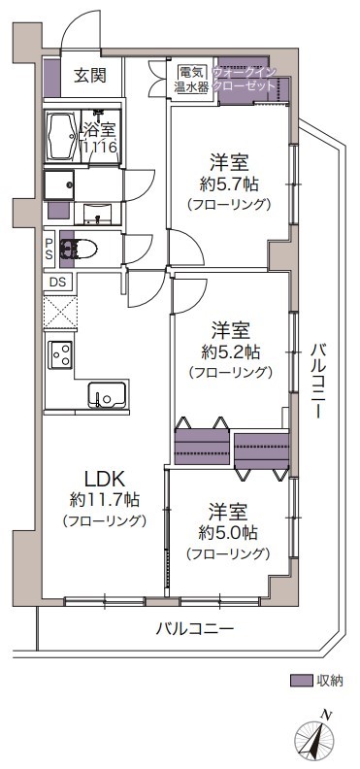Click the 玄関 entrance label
point(90,76)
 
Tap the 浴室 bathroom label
point(99,130)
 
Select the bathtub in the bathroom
point(60,136)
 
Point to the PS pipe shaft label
point(49,249)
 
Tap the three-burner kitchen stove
point(61,353)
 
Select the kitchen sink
point(107,393)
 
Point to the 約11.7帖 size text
point(105,500)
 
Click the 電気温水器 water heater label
point(192,80)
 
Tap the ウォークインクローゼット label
point(244,79)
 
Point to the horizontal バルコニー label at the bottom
point(194,629)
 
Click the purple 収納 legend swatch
point(301,681)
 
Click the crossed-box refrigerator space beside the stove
point(60,312)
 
